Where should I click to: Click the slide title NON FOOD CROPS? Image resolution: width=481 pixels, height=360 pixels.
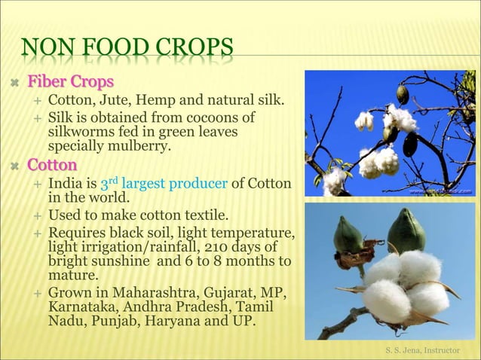(x=126, y=52)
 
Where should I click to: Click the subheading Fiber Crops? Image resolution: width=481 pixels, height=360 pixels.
(x=71, y=81)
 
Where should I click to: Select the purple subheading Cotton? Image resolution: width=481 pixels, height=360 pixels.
(x=52, y=164)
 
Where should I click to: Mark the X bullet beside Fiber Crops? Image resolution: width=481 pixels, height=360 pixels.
(x=14, y=81)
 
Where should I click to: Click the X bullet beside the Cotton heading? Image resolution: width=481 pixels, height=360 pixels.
(x=14, y=165)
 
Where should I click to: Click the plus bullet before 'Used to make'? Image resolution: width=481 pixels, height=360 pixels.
(x=36, y=218)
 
